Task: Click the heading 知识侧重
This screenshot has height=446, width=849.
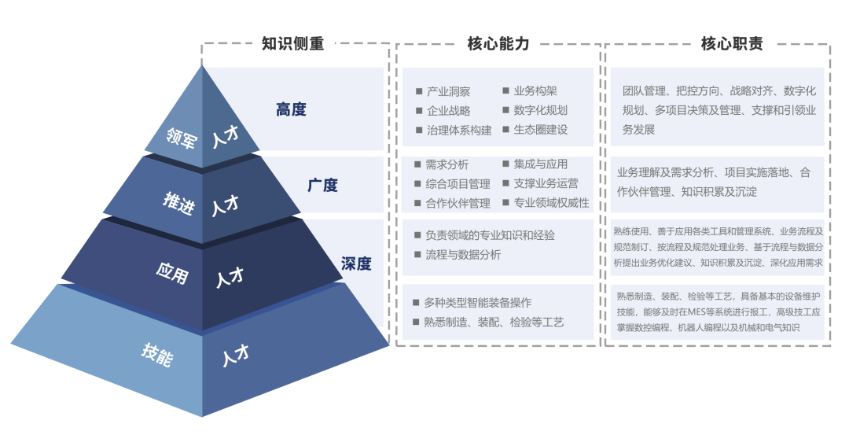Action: click(293, 43)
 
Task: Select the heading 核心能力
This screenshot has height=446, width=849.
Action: click(498, 43)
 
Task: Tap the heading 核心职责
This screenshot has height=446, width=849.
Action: click(732, 43)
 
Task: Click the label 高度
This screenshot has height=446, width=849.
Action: click(292, 109)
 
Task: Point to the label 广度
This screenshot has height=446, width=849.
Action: click(323, 186)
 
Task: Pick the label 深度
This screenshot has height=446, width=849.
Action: click(356, 264)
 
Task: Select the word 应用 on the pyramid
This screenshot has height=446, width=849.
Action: click(172, 273)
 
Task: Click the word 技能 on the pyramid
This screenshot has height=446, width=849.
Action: click(157, 355)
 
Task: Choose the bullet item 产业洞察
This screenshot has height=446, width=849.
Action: click(448, 91)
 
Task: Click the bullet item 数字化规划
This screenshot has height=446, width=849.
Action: click(540, 111)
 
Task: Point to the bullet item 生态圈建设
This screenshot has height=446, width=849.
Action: click(540, 130)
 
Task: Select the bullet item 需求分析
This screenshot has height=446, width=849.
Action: click(447, 164)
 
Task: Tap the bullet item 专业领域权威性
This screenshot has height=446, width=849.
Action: click(551, 203)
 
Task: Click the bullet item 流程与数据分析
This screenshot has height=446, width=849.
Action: click(463, 255)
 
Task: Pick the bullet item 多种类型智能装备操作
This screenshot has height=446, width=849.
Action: click(478, 302)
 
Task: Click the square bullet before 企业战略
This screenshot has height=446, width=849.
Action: click(418, 111)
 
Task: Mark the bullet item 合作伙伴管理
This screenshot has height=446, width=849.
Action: click(458, 203)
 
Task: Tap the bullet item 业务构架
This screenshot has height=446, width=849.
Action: click(535, 91)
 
